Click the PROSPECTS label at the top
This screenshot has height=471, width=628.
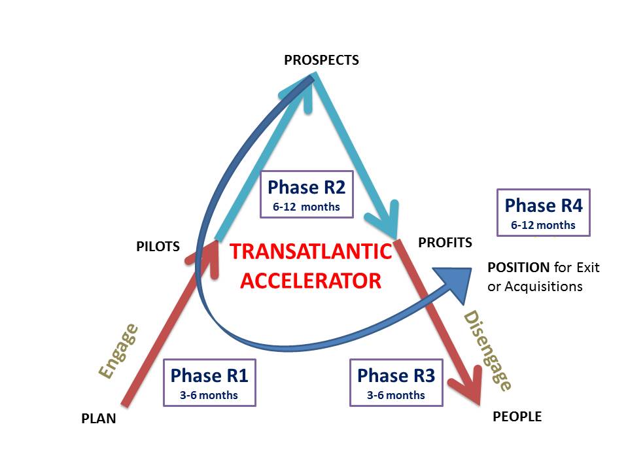[321, 60]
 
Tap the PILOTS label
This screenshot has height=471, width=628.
[158, 247]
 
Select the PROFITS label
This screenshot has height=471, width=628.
[445, 242]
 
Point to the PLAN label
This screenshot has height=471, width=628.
[99, 419]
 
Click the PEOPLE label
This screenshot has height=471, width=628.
[517, 417]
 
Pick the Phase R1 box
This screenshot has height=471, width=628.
[209, 383]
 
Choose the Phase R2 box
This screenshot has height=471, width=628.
[307, 194]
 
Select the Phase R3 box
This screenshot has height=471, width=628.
[396, 383]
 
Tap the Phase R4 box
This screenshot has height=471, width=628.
[544, 212]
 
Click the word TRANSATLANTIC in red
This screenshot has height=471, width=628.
[311, 251]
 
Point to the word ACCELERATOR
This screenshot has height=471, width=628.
[311, 281]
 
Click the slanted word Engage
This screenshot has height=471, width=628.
[119, 351]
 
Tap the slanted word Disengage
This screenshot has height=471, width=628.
[487, 351]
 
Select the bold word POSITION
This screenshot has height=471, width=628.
[518, 267]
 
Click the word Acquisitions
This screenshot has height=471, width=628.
[544, 287]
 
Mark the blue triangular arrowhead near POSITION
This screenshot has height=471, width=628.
[455, 283]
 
